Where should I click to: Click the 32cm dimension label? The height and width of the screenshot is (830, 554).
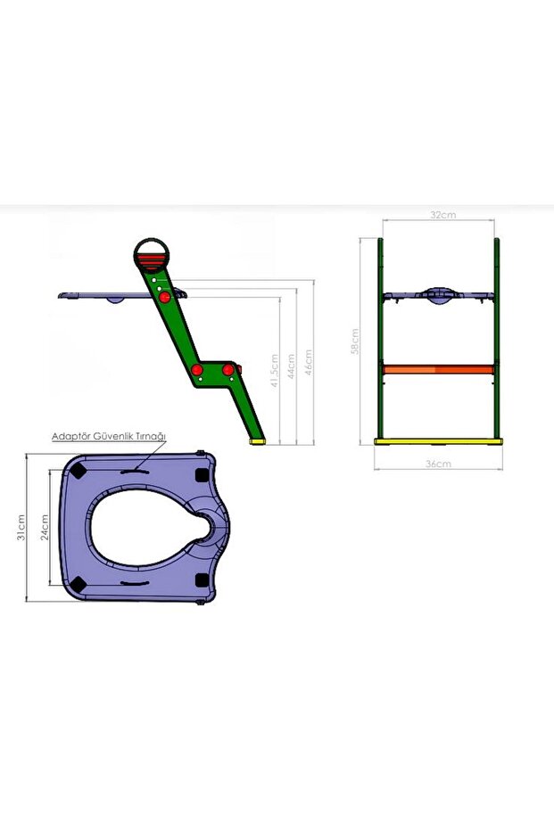[442, 215]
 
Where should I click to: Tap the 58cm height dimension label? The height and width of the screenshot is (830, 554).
[355, 341]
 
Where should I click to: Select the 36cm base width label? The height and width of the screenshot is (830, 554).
[439, 464]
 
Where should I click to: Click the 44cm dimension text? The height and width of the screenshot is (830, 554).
[292, 366]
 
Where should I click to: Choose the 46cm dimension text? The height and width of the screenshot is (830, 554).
[308, 362]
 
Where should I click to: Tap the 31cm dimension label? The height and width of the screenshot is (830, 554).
[21, 527]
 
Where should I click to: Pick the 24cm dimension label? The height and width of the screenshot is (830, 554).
[45, 527]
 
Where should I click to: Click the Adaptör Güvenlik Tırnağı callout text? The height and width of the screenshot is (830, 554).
[109, 437]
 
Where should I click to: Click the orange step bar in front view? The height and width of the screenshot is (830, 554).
[439, 369]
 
